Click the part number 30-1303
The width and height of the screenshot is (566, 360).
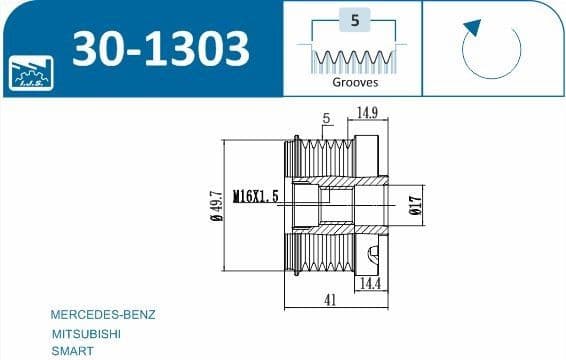pyautogui.click(x=160, y=49)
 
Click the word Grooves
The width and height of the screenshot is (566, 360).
pyautogui.click(x=354, y=83)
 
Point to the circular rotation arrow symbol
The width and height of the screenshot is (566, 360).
pyautogui.click(x=489, y=49)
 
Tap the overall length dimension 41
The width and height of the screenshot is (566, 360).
pyautogui.click(x=330, y=299)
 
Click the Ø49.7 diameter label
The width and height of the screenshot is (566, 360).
pyautogui.click(x=216, y=207)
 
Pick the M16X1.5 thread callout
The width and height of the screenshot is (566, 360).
pyautogui.click(x=255, y=197)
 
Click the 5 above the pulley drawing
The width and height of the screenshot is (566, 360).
pyautogui.click(x=326, y=118)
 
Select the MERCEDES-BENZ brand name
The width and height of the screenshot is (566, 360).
pyautogui.click(x=102, y=314)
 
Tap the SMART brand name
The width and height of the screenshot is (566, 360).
pyautogui.click(x=73, y=350)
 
